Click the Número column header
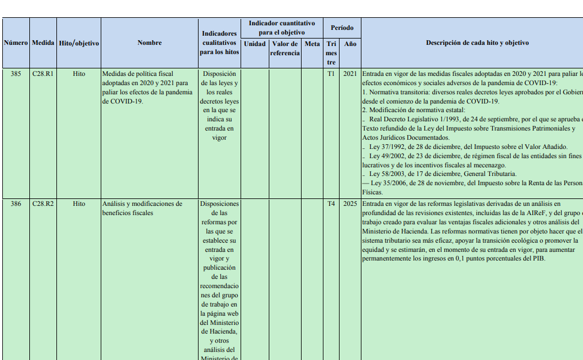(x=16, y=43)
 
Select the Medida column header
(x=43, y=43)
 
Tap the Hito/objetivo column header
(x=79, y=43)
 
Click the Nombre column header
(x=150, y=43)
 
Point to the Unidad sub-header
(x=254, y=44)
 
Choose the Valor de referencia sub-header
(x=285, y=48)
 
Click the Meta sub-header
(x=312, y=44)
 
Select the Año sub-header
(x=350, y=44)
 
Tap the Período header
(x=342, y=28)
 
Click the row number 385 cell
(x=16, y=74)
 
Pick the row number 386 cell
(x=16, y=204)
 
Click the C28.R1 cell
(x=43, y=74)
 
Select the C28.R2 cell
(x=43, y=204)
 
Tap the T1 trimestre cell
(x=331, y=74)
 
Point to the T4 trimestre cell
(x=331, y=204)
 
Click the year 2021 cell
(x=350, y=74)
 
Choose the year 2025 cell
(x=350, y=204)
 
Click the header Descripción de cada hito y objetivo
(x=477, y=43)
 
